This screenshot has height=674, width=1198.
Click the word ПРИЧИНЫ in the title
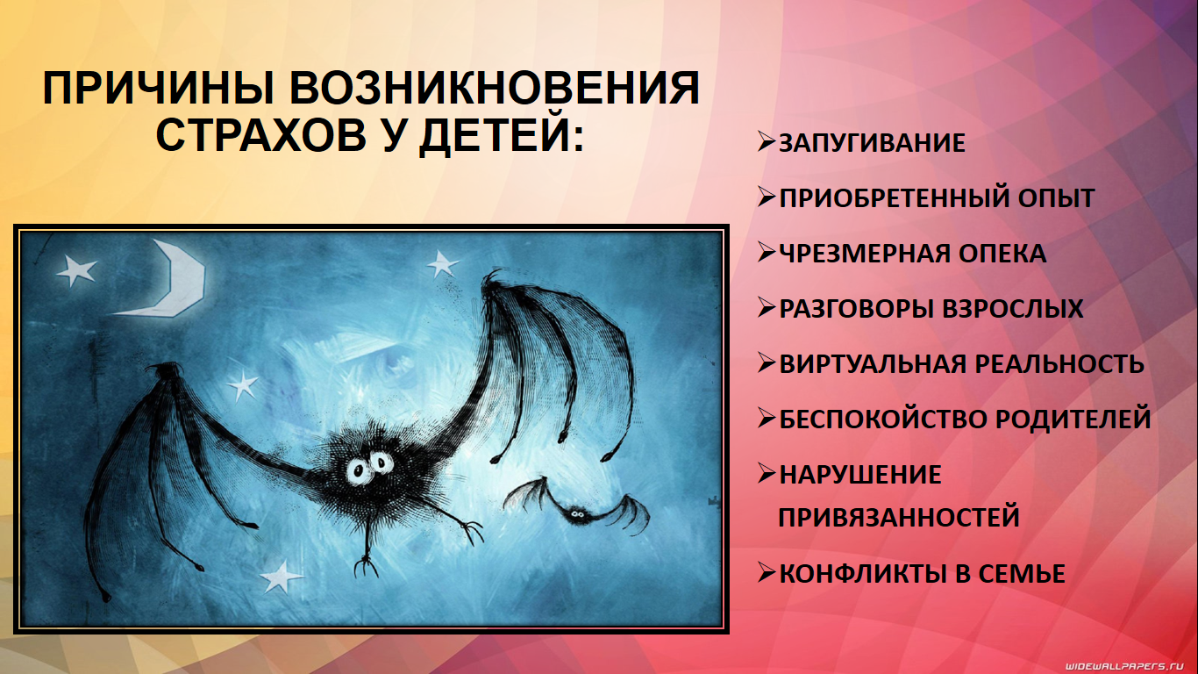tap(159, 88)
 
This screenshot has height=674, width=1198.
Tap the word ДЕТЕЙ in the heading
tap(501, 134)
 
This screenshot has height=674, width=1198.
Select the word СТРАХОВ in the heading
tap(261, 134)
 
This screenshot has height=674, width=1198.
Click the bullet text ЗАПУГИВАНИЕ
tap(872, 143)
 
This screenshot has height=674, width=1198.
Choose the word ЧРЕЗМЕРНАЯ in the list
tap(863, 254)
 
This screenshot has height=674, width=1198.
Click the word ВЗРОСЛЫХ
tap(1012, 308)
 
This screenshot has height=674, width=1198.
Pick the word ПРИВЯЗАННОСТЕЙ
tap(898, 517)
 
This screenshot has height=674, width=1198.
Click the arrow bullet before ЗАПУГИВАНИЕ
tap(767, 142)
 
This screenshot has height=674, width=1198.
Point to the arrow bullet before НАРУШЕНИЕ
tap(767, 473)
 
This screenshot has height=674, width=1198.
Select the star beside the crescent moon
tap(76, 269)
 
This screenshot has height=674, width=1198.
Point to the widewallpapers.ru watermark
tap(1130, 666)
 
